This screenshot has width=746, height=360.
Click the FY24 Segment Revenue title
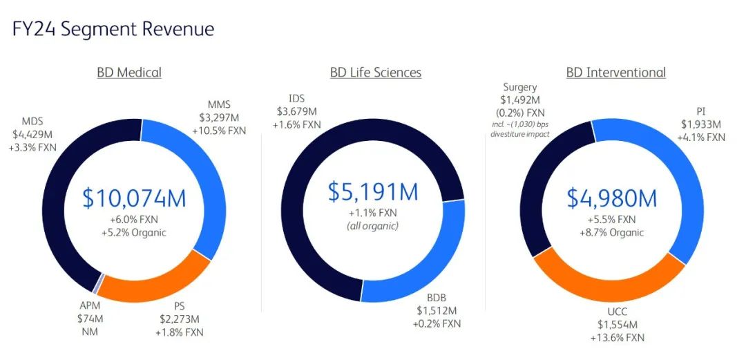[x=113, y=29]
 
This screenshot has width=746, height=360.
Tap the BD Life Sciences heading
[x=375, y=73]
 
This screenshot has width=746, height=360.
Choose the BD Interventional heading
[x=616, y=73]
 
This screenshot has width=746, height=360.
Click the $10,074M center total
[x=134, y=198]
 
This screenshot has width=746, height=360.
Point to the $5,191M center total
[x=374, y=191]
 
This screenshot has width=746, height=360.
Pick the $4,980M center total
[x=612, y=198]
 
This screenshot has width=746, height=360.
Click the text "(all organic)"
[x=374, y=225]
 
